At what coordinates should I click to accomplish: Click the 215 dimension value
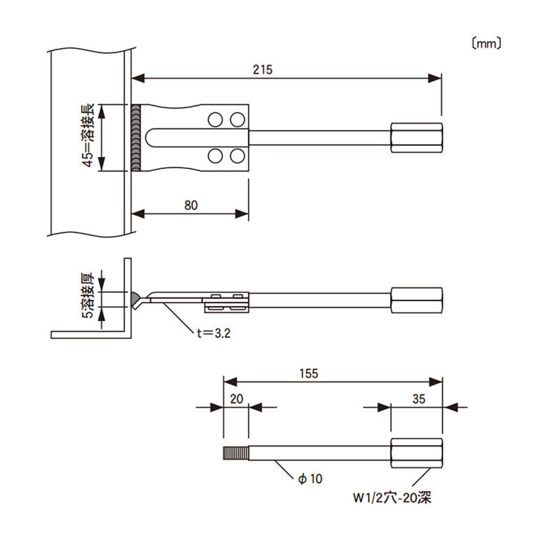pos(263,69)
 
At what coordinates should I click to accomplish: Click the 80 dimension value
pos(191,205)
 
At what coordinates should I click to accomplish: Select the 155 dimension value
pos(310,374)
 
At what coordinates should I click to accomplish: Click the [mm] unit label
pos(486,43)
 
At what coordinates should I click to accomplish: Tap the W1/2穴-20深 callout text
pos(394,499)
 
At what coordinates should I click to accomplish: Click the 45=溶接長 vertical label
pos(88,138)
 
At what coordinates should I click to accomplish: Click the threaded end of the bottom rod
pos(235,453)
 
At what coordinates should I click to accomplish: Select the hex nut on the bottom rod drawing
pos(416,453)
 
